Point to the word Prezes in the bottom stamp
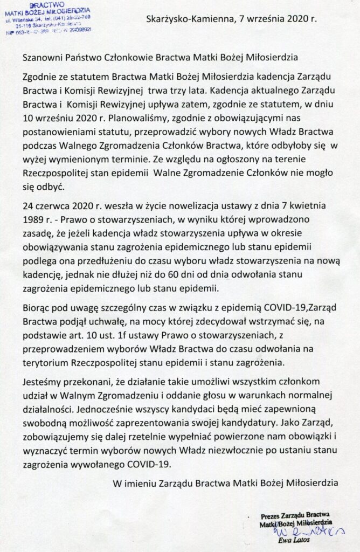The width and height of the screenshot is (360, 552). pos(272,515)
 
